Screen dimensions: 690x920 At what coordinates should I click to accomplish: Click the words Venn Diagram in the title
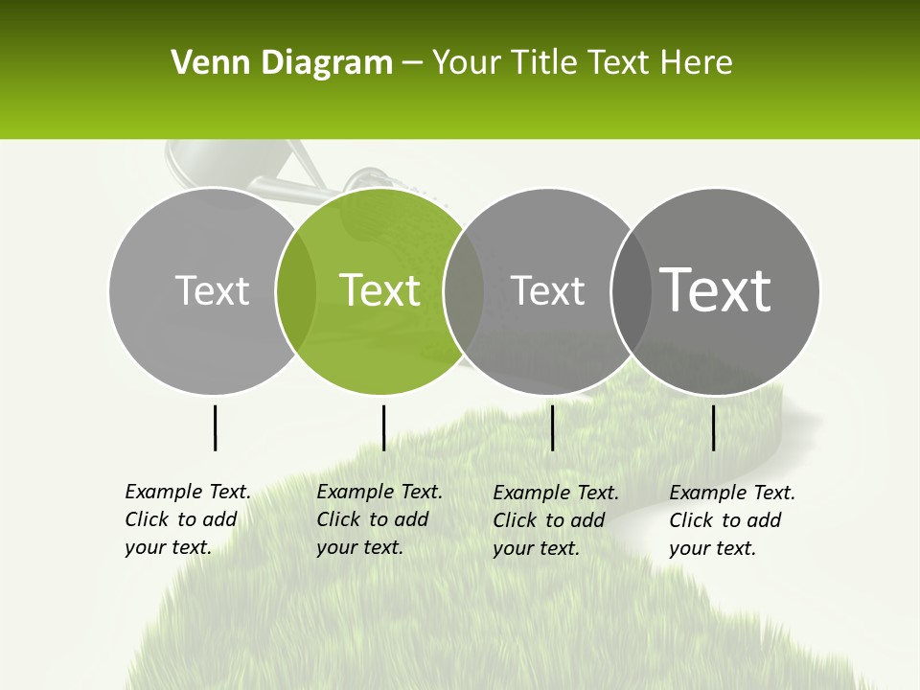(282, 63)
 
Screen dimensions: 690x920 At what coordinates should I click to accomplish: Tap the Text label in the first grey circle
(212, 290)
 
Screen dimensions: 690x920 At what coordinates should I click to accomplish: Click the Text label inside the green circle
(379, 290)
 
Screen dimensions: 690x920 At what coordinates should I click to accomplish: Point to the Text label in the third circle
(547, 290)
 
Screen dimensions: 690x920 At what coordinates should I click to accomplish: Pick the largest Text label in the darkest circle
(716, 289)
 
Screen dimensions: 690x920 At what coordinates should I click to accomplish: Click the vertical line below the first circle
(215, 427)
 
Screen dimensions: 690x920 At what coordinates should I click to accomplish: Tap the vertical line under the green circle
(383, 427)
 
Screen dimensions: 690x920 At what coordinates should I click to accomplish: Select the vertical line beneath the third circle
(552, 427)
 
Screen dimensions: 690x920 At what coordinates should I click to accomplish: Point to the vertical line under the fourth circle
(713, 427)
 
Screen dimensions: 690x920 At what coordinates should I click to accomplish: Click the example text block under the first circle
(187, 519)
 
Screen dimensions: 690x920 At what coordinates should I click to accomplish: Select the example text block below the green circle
(379, 519)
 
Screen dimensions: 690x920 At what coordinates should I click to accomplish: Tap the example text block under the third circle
(555, 520)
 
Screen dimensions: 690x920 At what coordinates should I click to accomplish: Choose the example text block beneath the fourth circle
(731, 520)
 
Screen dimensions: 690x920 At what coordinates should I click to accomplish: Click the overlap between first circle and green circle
(296, 290)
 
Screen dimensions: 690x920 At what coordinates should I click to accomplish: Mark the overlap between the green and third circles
(464, 290)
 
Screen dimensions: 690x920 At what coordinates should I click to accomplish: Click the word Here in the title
(698, 63)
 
